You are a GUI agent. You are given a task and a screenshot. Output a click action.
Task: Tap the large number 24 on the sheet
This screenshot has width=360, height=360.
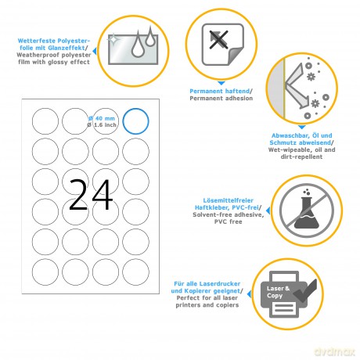(91, 195)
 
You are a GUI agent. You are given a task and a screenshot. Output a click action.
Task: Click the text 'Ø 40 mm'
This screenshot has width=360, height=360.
(102, 118)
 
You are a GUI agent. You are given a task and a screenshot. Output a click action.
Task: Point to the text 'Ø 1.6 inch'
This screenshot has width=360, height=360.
(102, 125)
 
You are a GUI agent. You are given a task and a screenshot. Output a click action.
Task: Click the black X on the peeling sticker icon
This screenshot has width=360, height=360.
(219, 40)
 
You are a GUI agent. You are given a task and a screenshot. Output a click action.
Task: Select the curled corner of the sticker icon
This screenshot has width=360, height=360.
(236, 56)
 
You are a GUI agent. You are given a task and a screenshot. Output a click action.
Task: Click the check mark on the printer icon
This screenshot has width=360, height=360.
(306, 291)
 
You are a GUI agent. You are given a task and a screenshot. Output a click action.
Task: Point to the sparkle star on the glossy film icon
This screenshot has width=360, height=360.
(113, 40)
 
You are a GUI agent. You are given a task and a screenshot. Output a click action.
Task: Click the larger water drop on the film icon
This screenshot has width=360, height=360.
(138, 45)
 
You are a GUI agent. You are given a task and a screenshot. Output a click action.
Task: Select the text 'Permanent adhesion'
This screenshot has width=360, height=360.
(221, 99)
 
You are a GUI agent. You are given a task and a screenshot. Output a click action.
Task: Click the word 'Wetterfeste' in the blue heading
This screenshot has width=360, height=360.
(37, 41)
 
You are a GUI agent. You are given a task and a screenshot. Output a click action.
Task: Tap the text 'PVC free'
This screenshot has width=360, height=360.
(229, 221)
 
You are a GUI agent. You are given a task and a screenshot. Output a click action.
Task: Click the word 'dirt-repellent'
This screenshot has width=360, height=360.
(301, 157)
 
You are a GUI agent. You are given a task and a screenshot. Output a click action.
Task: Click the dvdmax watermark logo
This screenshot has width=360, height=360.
(335, 351)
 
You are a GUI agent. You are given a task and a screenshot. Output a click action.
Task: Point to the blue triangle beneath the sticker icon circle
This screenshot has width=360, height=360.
(221, 83)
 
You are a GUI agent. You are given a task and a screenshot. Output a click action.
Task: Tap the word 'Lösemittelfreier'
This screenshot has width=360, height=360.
(229, 200)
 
